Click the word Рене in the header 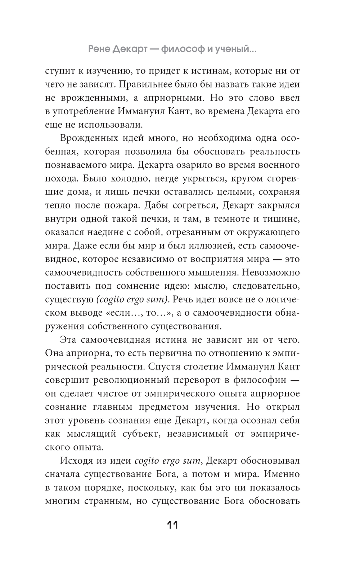click(100, 50)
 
